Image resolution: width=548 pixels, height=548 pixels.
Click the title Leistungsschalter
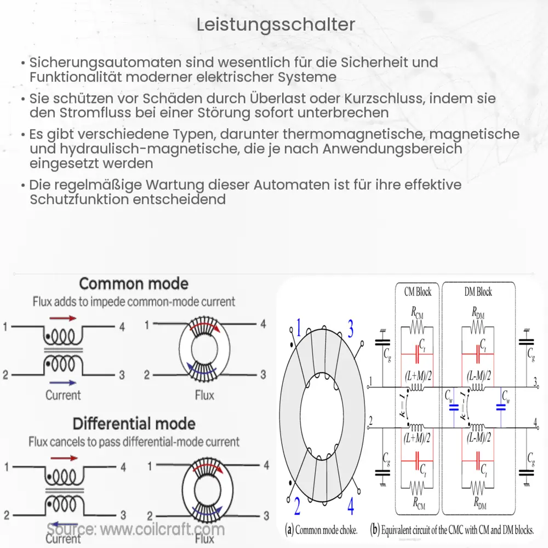275,25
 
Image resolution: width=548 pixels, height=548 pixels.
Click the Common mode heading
134,284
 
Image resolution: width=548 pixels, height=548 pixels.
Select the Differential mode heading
134,424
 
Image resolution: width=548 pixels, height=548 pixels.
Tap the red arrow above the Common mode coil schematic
63,317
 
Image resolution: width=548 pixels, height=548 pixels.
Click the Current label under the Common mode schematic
63,395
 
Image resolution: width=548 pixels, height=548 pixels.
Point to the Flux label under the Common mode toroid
204,395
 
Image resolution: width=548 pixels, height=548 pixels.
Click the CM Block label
418,292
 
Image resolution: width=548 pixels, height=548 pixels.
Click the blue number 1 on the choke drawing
299,329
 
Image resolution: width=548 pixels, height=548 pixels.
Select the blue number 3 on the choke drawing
350,329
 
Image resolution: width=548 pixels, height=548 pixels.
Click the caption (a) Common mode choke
321,530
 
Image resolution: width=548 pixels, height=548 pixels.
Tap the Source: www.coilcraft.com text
135,529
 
